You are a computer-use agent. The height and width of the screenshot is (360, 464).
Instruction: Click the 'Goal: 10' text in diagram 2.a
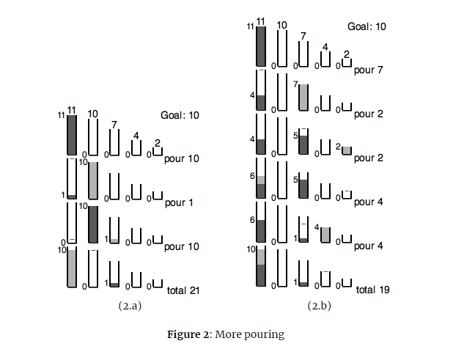pyautogui.click(x=180, y=115)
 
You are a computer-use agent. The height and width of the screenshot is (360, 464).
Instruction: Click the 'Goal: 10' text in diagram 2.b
pyautogui.click(x=367, y=26)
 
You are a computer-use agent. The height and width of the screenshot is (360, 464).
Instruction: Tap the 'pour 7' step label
pyautogui.click(x=368, y=70)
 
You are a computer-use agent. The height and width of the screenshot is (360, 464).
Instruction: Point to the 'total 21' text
pyautogui.click(x=183, y=290)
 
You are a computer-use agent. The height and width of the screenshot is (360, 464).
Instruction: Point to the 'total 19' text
pyautogui.click(x=372, y=290)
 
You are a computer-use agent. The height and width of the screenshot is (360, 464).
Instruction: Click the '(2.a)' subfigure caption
pyautogui.click(x=130, y=306)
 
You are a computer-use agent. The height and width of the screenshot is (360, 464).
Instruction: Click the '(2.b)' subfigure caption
pyautogui.click(x=319, y=306)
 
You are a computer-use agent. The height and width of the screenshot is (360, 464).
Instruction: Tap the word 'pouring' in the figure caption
pyautogui.click(x=265, y=335)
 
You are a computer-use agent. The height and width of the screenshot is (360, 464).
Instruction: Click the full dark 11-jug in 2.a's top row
pyautogui.click(x=72, y=135)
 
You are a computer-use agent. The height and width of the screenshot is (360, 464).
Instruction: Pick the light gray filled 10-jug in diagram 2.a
pyautogui.click(x=93, y=180)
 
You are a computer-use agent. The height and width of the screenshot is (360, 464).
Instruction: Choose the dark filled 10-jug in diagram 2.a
pyautogui.click(x=93, y=224)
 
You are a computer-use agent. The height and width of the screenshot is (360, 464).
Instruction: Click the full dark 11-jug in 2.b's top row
pyautogui.click(x=260, y=47)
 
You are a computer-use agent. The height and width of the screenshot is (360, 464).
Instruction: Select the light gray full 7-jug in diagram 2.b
pyautogui.click(x=303, y=98)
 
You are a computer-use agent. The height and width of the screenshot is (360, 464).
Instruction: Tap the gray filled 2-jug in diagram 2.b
pyautogui.click(x=347, y=150)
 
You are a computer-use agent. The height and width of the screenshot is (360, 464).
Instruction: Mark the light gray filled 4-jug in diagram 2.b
pyautogui.click(x=325, y=235)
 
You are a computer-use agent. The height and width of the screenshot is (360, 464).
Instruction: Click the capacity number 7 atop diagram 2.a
pyautogui.click(x=114, y=125)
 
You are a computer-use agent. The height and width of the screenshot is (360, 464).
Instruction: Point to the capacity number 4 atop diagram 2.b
pyautogui.click(x=325, y=48)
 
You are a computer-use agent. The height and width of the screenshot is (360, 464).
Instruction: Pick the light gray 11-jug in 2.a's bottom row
pyautogui.click(x=72, y=268)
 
